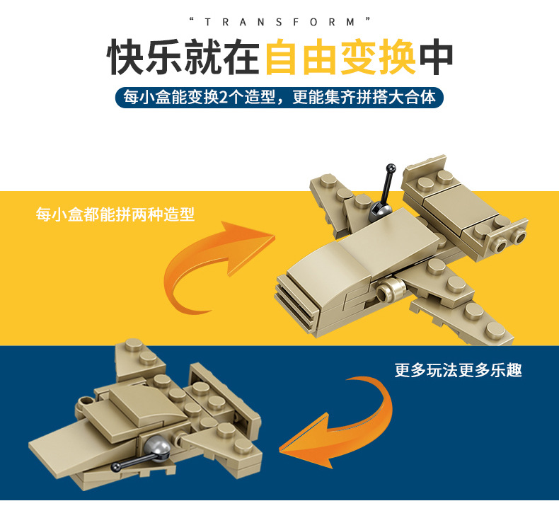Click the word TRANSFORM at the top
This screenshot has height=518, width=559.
click(x=279, y=22)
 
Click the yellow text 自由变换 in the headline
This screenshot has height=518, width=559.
click(x=340, y=59)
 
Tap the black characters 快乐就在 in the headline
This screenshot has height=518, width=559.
click(x=184, y=59)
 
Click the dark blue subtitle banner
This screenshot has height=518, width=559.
click(x=279, y=97)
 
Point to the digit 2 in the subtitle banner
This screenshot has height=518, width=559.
click(x=225, y=97)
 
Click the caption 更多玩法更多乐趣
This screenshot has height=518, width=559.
click(x=458, y=370)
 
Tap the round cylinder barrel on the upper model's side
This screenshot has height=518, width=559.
click(x=388, y=290)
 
